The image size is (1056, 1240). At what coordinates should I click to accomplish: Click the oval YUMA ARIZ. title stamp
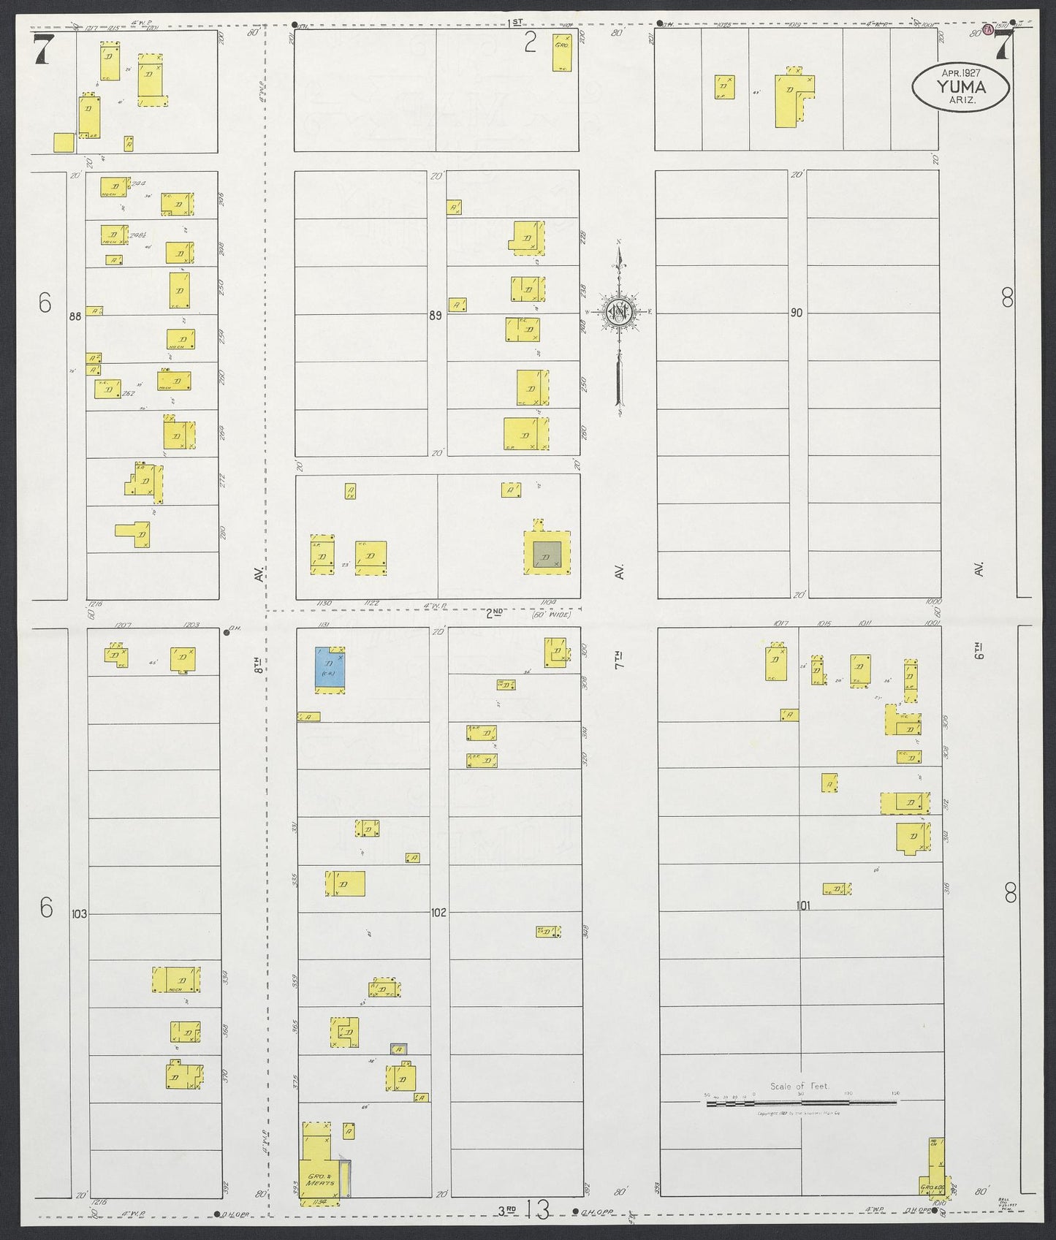tap(961, 87)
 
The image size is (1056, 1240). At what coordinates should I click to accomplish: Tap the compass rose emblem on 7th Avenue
tap(620, 312)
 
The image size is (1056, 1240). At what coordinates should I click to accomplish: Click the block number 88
tap(75, 316)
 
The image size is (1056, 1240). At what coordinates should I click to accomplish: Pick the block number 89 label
tap(436, 316)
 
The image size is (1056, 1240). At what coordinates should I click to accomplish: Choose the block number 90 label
tap(796, 313)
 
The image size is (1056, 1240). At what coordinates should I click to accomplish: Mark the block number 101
tap(803, 905)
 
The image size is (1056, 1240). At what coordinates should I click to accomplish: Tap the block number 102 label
tap(438, 913)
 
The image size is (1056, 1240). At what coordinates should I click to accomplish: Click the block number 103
tap(80, 913)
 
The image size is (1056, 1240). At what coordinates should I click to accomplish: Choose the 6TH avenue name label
tap(979, 650)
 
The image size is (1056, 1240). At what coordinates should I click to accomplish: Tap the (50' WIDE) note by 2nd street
tap(552, 615)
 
